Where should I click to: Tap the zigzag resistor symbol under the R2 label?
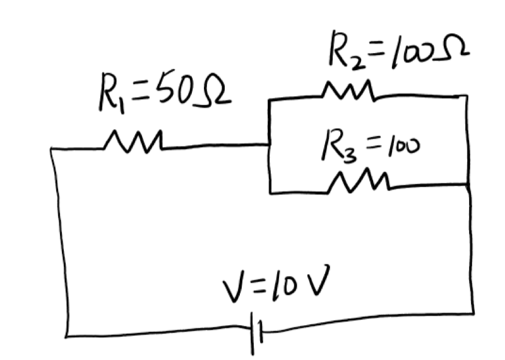click(x=348, y=92)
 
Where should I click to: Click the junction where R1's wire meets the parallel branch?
click(x=270, y=145)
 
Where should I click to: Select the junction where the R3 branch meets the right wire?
click(x=469, y=184)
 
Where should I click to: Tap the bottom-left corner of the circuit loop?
click(x=66, y=335)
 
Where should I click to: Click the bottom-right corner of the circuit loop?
click(x=473, y=312)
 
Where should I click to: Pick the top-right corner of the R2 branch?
click(x=467, y=96)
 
